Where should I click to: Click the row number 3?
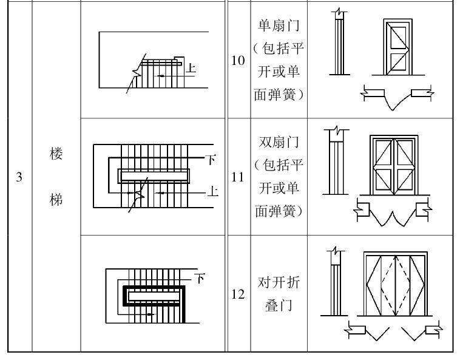click(18, 178)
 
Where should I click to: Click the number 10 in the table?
click(237, 60)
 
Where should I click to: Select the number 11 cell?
click(237, 177)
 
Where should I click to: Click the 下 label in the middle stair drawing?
click(212, 160)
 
